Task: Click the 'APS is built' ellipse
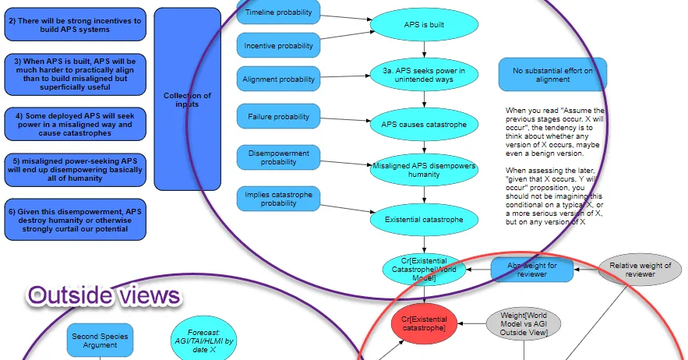(x=424, y=25)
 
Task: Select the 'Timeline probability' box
(x=278, y=12)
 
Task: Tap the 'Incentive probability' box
(x=278, y=46)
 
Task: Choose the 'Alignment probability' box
(x=278, y=79)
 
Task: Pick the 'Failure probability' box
(x=278, y=117)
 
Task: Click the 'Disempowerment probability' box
(x=278, y=157)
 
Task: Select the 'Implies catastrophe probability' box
(x=278, y=199)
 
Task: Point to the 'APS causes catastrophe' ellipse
(x=424, y=125)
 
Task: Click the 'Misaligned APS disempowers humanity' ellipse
(x=424, y=171)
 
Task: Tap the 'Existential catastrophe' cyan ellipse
(x=424, y=220)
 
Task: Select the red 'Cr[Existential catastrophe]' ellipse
(x=423, y=323)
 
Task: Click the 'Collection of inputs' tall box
(x=187, y=100)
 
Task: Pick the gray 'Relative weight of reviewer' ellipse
(x=640, y=270)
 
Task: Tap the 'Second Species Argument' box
(x=101, y=341)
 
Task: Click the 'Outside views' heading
(x=104, y=295)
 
